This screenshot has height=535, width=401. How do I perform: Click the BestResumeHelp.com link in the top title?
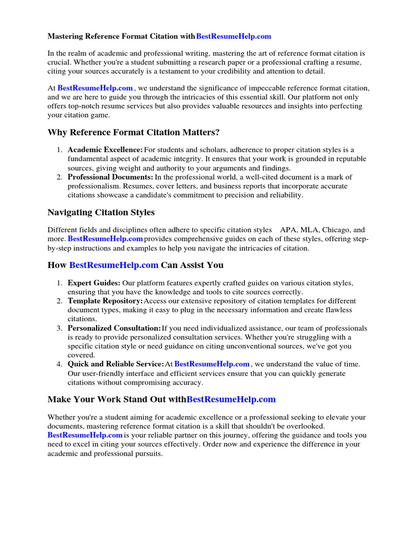tap(234, 37)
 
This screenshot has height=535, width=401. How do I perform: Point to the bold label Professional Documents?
tap(110, 178)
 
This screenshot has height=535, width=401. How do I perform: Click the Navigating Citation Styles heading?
tap(101, 213)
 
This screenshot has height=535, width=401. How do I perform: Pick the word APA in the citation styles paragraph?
tap(288, 230)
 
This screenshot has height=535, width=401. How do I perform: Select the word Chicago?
tap(337, 230)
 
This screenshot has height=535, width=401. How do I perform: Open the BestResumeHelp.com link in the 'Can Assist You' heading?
tap(113, 265)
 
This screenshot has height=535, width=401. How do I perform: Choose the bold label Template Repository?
tap(105, 301)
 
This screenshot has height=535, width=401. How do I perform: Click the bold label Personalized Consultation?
tap(114, 328)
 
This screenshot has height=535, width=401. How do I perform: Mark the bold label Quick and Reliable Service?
tap(115, 364)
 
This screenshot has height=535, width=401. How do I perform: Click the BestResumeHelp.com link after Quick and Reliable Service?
tap(212, 364)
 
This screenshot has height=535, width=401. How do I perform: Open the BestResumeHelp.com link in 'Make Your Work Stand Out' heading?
tap(231, 400)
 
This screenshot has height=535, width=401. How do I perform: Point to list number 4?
tap(60, 364)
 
